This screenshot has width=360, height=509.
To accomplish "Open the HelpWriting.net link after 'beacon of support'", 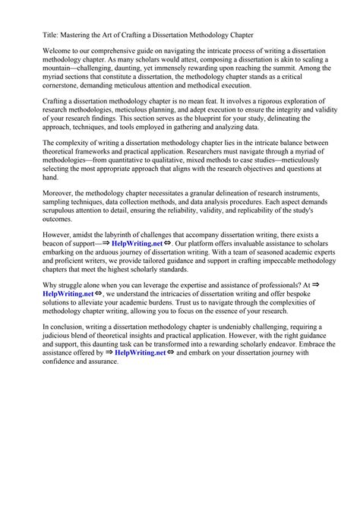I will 136,245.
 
